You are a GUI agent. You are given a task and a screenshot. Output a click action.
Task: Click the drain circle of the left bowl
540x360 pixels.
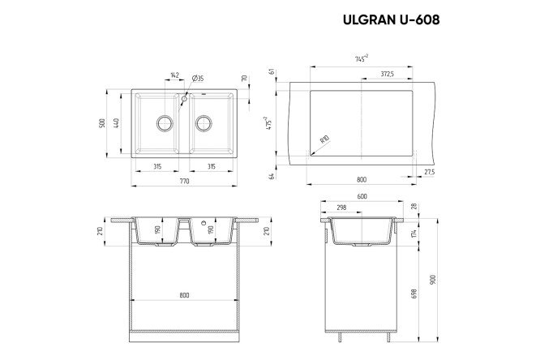tap(164, 123)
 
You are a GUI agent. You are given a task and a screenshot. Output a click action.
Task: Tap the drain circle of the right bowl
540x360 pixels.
tap(204, 123)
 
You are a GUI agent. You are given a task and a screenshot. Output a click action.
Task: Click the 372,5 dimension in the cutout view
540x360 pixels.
tap(386, 74)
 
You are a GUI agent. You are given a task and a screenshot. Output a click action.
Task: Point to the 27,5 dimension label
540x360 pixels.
tap(429, 173)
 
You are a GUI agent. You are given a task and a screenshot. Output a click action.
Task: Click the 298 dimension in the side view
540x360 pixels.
tap(341, 208)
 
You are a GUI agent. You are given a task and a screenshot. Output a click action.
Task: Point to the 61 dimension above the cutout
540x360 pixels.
tap(276, 71)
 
